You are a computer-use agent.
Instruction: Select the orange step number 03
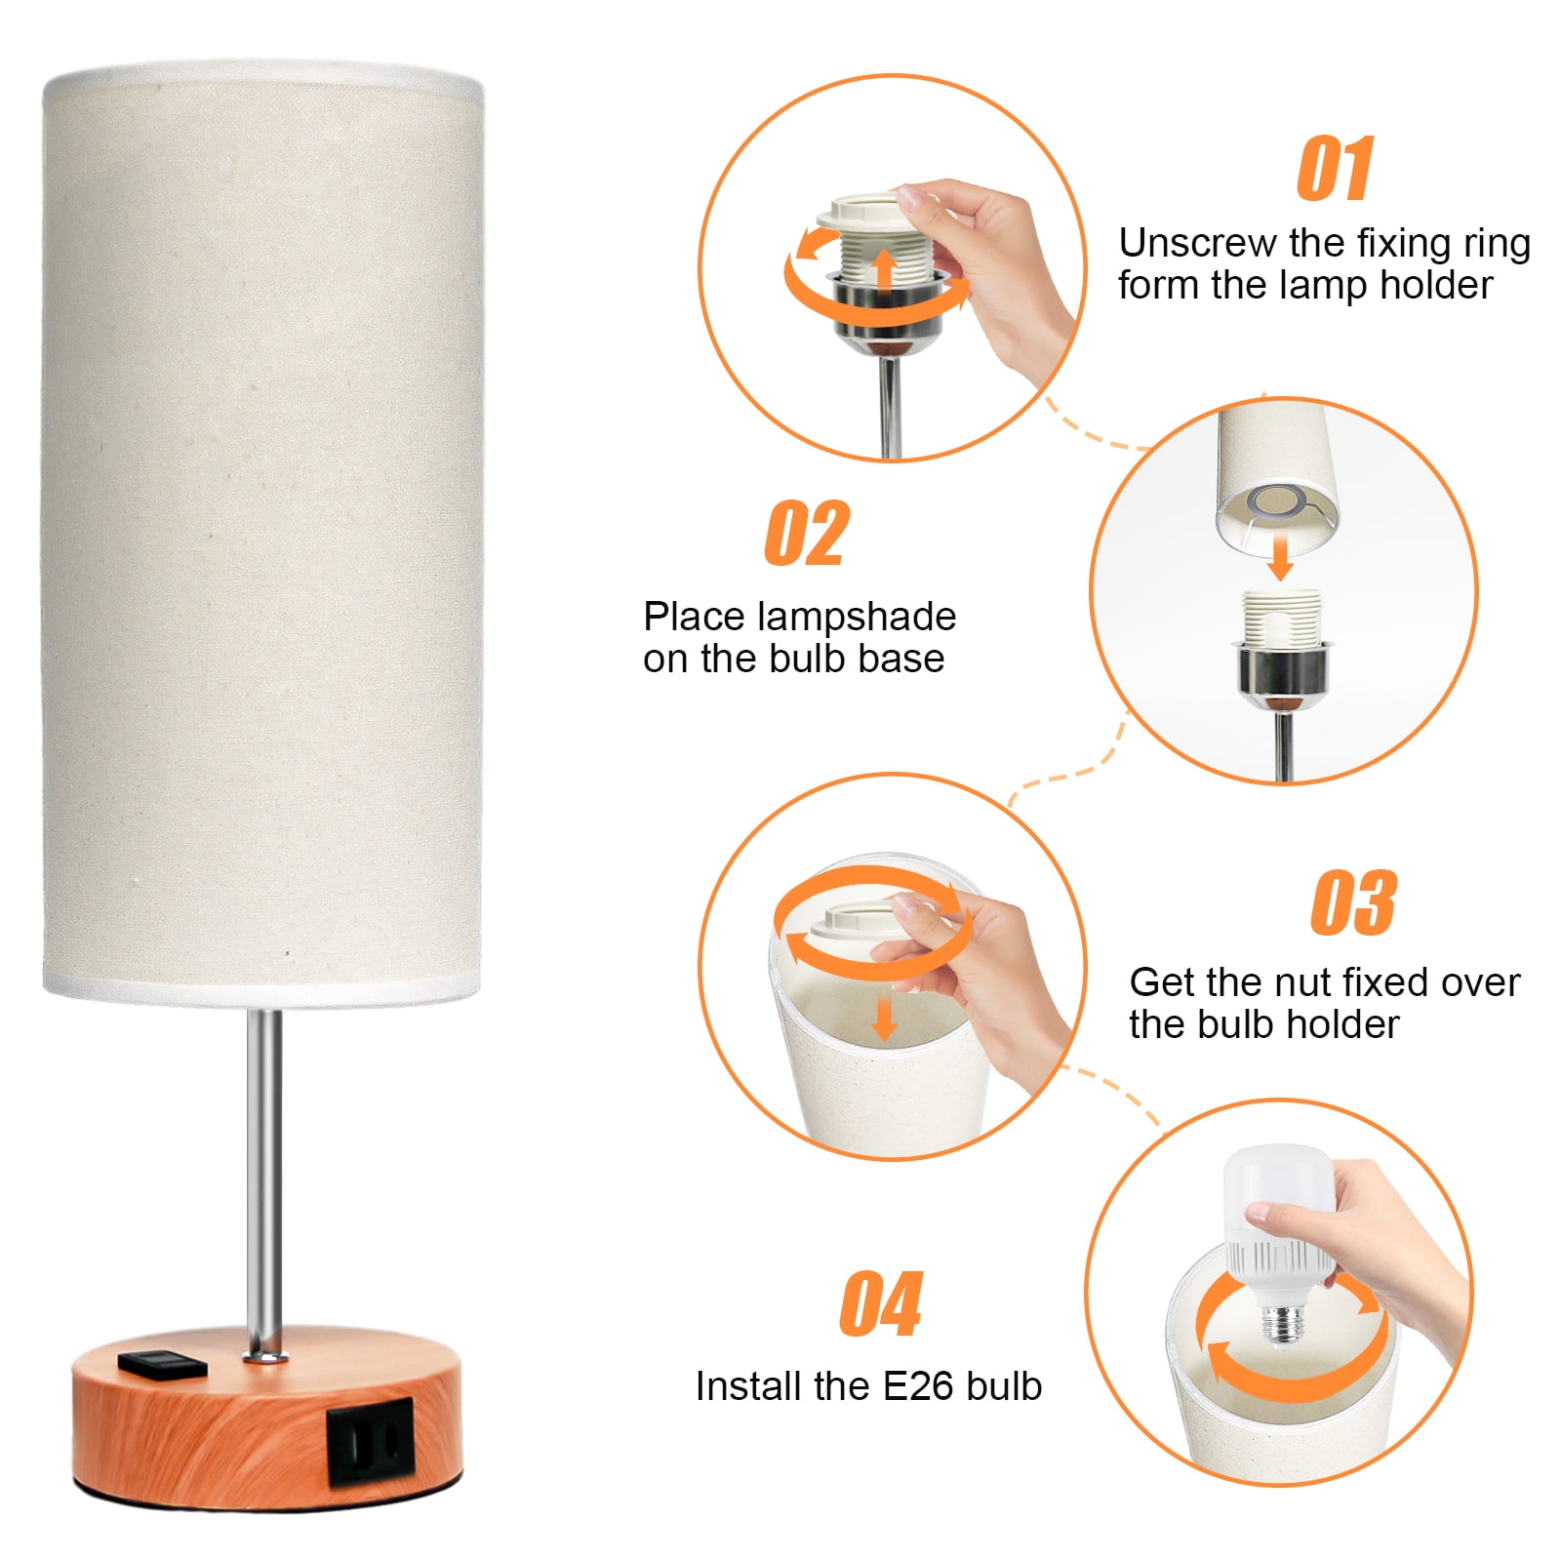coord(1353,902)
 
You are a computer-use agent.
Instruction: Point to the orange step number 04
coord(880,1303)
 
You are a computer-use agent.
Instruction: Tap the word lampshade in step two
coord(857,617)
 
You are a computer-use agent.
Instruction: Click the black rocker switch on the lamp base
coord(163,1362)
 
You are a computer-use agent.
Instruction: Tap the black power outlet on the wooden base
coord(371,1441)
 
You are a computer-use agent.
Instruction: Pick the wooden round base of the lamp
coord(266,1421)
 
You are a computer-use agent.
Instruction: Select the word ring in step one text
coord(1496,244)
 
